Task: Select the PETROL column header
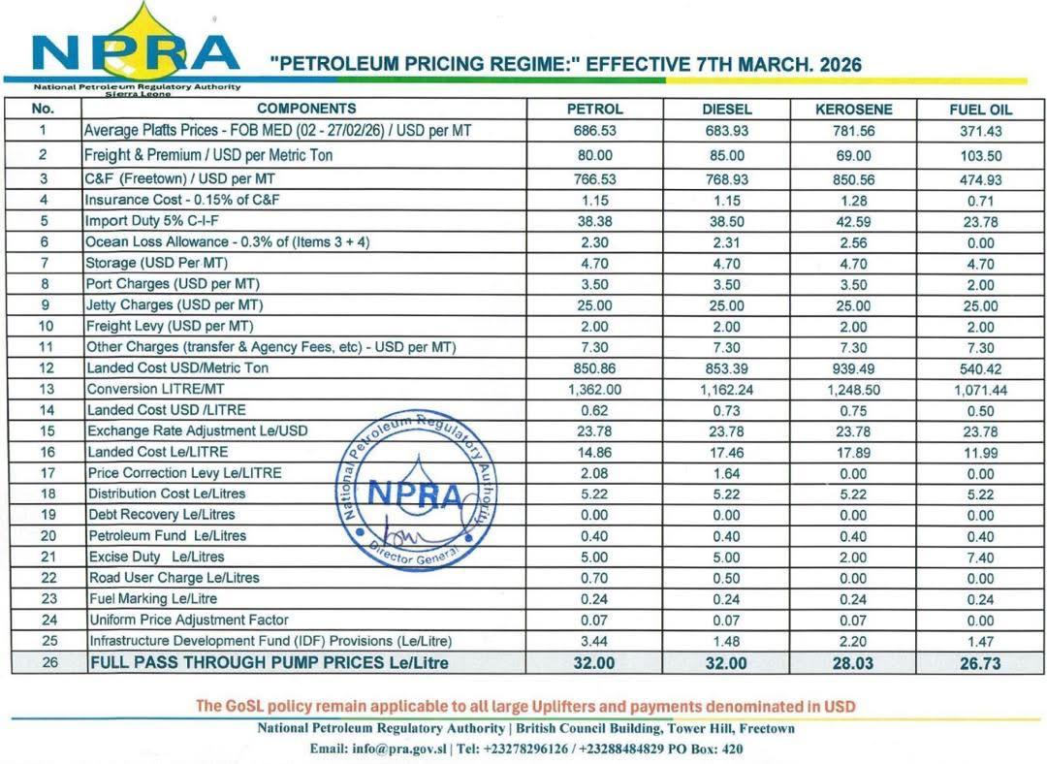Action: pos(594,109)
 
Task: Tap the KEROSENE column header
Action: pos(854,109)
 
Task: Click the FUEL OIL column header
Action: pos(980,110)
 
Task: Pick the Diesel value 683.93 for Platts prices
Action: pos(726,131)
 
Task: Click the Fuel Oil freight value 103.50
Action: pos(980,156)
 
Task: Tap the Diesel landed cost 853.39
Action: pos(726,368)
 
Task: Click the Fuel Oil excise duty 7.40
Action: pos(980,557)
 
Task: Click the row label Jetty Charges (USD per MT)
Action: pos(174,305)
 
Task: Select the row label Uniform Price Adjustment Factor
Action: pos(188,620)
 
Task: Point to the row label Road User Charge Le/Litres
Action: pos(174,578)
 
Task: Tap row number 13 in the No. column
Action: pos(44,389)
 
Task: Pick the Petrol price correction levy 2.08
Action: pos(594,473)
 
